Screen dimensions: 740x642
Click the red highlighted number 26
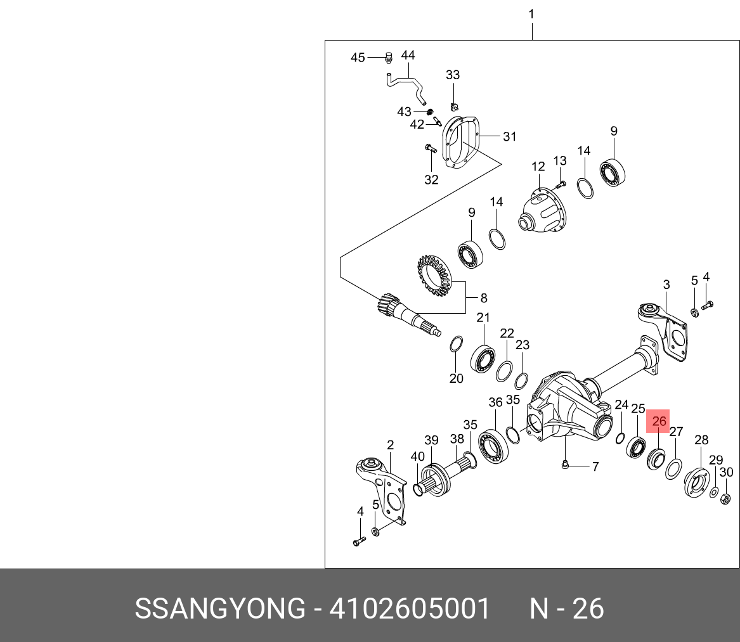point(659,421)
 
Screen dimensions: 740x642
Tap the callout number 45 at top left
point(358,58)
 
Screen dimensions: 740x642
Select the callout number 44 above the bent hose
point(408,55)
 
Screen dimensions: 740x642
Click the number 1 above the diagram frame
point(531,14)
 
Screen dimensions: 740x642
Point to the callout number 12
point(538,167)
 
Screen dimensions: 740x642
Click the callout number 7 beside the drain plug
point(595,467)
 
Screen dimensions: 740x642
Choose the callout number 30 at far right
point(727,472)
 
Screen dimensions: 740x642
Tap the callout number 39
point(431,440)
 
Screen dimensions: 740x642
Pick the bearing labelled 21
point(483,359)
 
